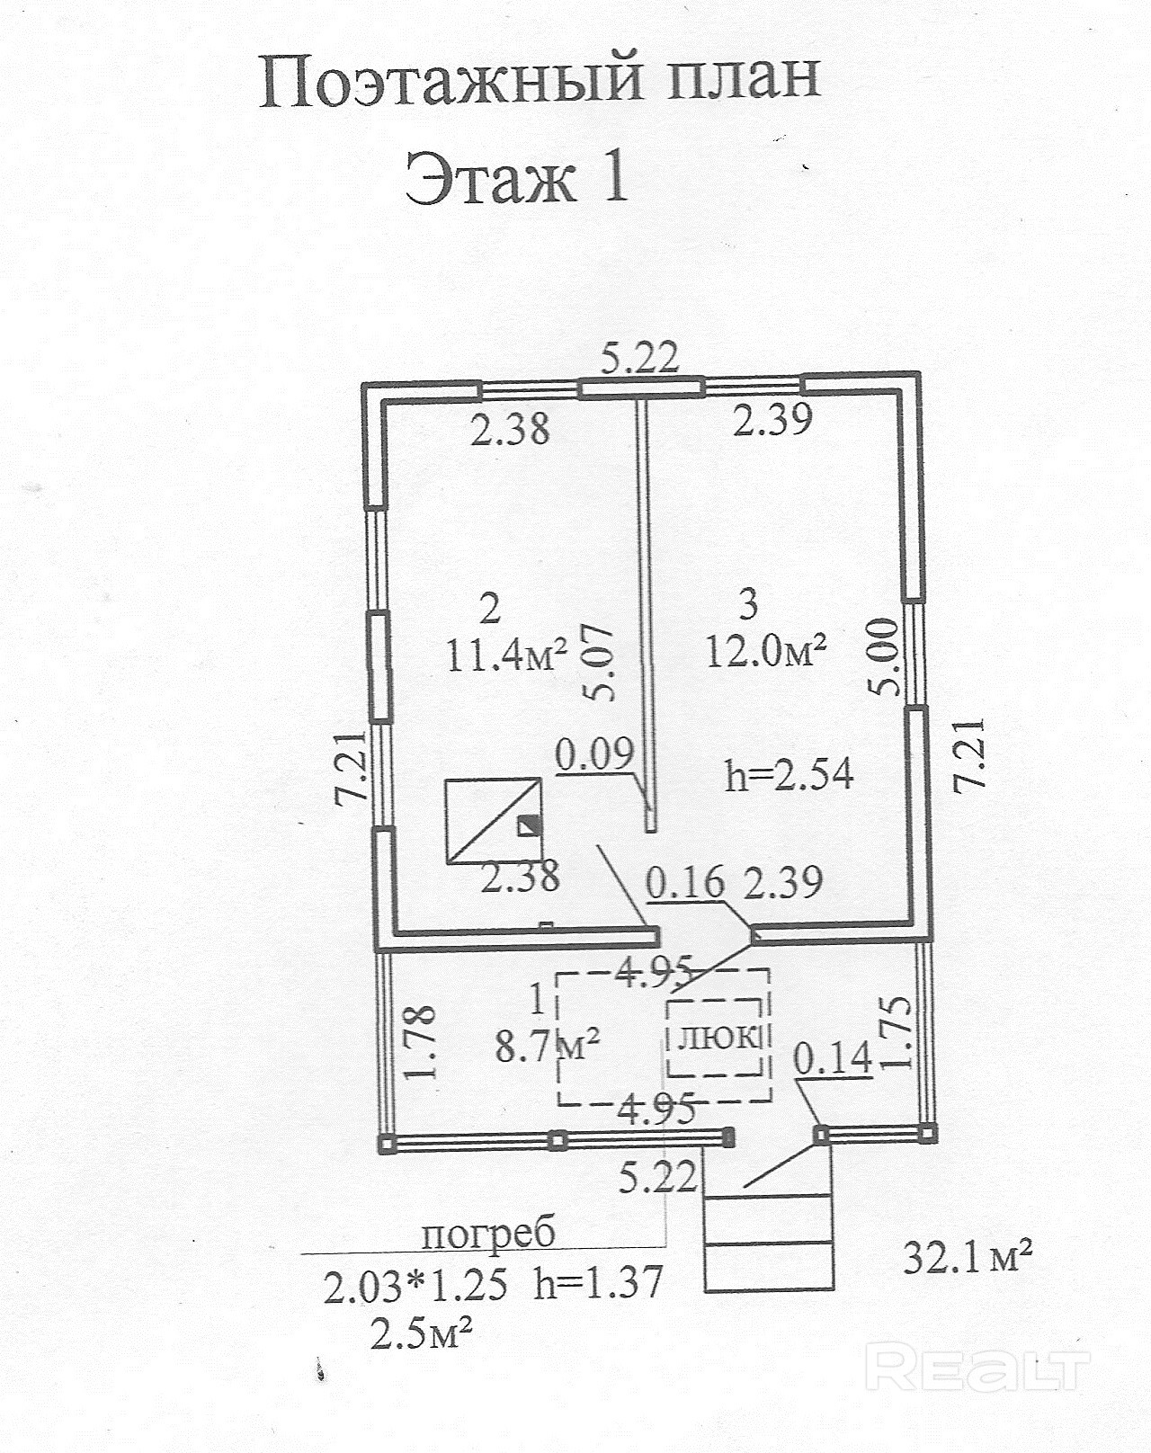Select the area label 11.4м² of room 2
click(506, 654)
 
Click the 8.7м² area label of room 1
click(547, 1047)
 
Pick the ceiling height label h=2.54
click(789, 775)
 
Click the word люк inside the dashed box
click(718, 1037)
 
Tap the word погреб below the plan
click(488, 1234)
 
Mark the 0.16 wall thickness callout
click(686, 882)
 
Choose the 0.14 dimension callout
click(833, 1057)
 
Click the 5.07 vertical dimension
click(601, 664)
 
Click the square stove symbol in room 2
click(494, 820)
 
